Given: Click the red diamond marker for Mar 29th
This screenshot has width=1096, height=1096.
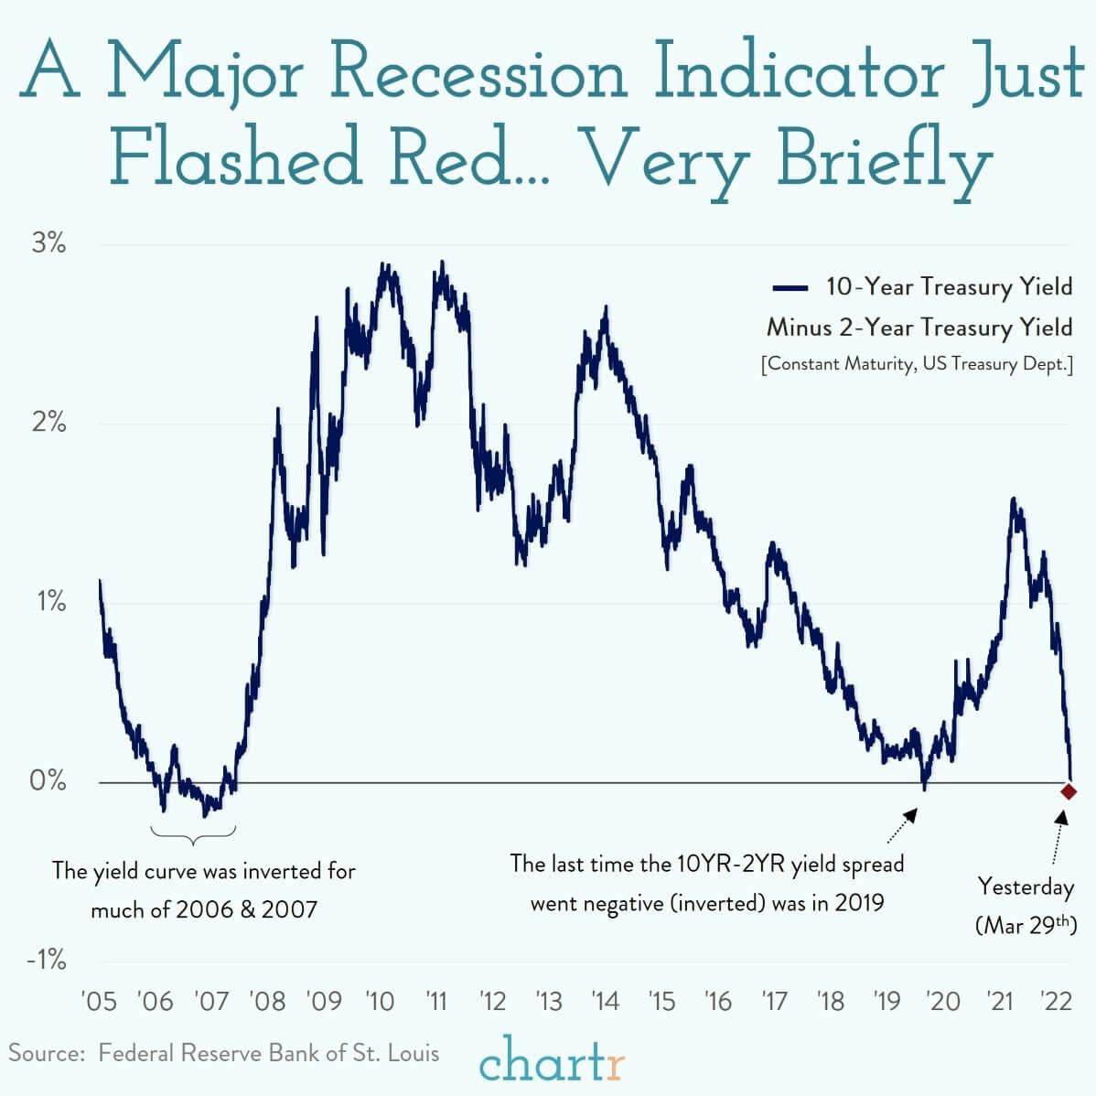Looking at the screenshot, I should (1068, 791).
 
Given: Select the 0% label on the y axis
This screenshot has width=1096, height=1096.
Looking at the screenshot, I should (47, 781).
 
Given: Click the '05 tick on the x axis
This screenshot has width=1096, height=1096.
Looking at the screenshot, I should (99, 1001).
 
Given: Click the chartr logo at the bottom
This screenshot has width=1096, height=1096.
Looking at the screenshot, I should (552, 1062).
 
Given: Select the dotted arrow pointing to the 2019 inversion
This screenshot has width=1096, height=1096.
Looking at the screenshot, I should (900, 826).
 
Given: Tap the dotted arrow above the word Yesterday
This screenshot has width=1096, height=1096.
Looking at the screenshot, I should (1058, 837).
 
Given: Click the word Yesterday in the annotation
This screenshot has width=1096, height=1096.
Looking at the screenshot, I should (1026, 886).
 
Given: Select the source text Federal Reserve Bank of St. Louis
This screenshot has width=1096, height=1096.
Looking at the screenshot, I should (269, 1053).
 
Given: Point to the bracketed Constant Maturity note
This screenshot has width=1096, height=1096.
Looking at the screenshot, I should (917, 364).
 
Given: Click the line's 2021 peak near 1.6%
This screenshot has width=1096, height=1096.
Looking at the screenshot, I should (1014, 500).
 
